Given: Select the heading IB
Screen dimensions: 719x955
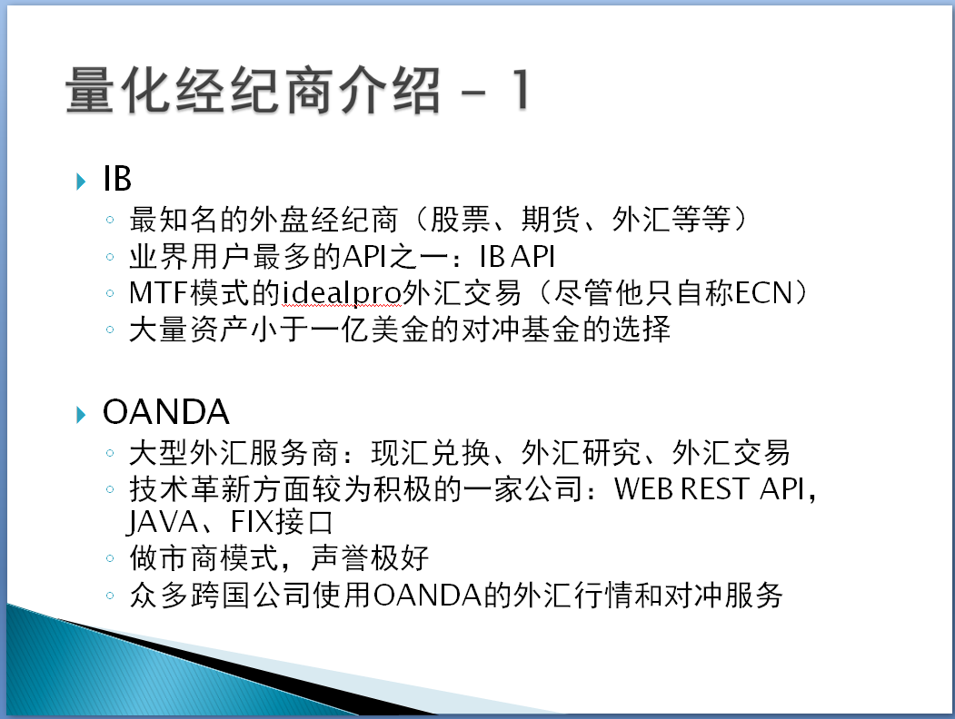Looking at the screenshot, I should [x=117, y=179].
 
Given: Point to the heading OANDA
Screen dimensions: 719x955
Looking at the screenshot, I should [x=165, y=413].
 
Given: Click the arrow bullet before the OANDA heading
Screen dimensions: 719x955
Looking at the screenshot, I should [x=81, y=414].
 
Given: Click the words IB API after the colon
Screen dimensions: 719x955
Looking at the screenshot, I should [x=517, y=258].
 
